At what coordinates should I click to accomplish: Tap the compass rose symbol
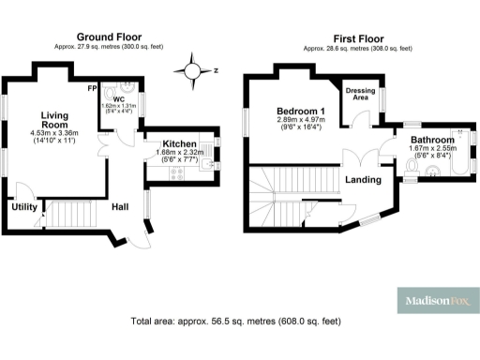pyautogui.click(x=193, y=70)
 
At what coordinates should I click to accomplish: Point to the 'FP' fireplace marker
pyautogui.click(x=93, y=88)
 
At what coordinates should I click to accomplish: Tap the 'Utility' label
pyautogui.click(x=23, y=207)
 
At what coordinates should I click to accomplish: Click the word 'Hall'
pyautogui.click(x=121, y=207)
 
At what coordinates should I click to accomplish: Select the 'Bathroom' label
pyautogui.click(x=432, y=140)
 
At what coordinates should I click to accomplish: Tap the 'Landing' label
pyautogui.click(x=362, y=179)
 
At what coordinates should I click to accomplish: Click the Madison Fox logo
pyautogui.click(x=436, y=302)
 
